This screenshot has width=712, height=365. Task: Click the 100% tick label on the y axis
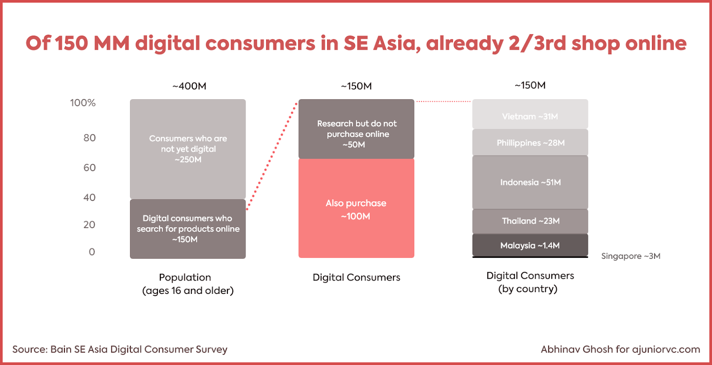[83, 103]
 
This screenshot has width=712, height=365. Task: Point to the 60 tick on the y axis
[89, 168]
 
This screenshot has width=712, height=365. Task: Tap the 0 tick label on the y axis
[92, 252]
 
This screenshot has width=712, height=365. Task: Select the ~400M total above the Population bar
[190, 86]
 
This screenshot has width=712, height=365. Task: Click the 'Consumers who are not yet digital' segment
[188, 149]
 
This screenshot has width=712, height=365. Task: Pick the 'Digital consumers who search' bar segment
[188, 229]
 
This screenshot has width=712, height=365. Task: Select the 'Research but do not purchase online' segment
[356, 129]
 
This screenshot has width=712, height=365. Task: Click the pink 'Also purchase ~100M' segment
[356, 209]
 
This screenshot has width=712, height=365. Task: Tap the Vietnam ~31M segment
[530, 114]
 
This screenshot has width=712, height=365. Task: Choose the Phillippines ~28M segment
[530, 142]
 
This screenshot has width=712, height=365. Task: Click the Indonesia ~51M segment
[530, 182]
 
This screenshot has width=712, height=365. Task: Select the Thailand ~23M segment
[530, 221]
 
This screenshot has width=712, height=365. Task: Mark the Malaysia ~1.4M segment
[530, 245]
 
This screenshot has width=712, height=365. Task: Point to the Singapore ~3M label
[631, 256]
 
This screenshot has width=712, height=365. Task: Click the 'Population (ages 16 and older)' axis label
[187, 284]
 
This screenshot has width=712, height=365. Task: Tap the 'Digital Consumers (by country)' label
[530, 282]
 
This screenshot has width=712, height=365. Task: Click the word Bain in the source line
[61, 349]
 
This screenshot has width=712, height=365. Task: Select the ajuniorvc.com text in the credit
[666, 349]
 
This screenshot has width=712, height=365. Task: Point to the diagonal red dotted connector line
[272, 156]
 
